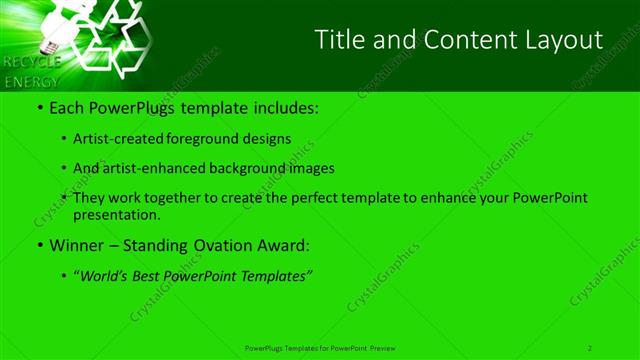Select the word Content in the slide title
pyautogui.click(x=455, y=40)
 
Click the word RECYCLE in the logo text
pyautogui.click(x=33, y=62)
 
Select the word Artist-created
pyautogui.click(x=117, y=138)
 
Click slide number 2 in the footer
pyautogui.click(x=590, y=347)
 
